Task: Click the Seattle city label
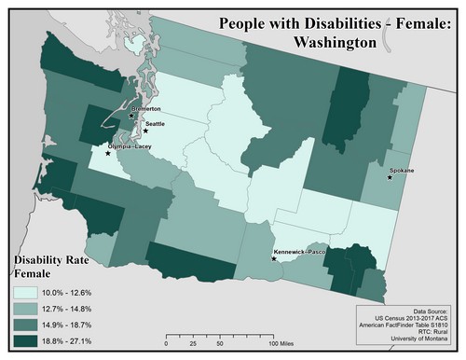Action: pos(155,123)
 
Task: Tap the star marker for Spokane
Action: pos(390,177)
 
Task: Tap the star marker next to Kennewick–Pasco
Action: pos(273,258)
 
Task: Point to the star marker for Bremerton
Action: pos(131,116)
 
